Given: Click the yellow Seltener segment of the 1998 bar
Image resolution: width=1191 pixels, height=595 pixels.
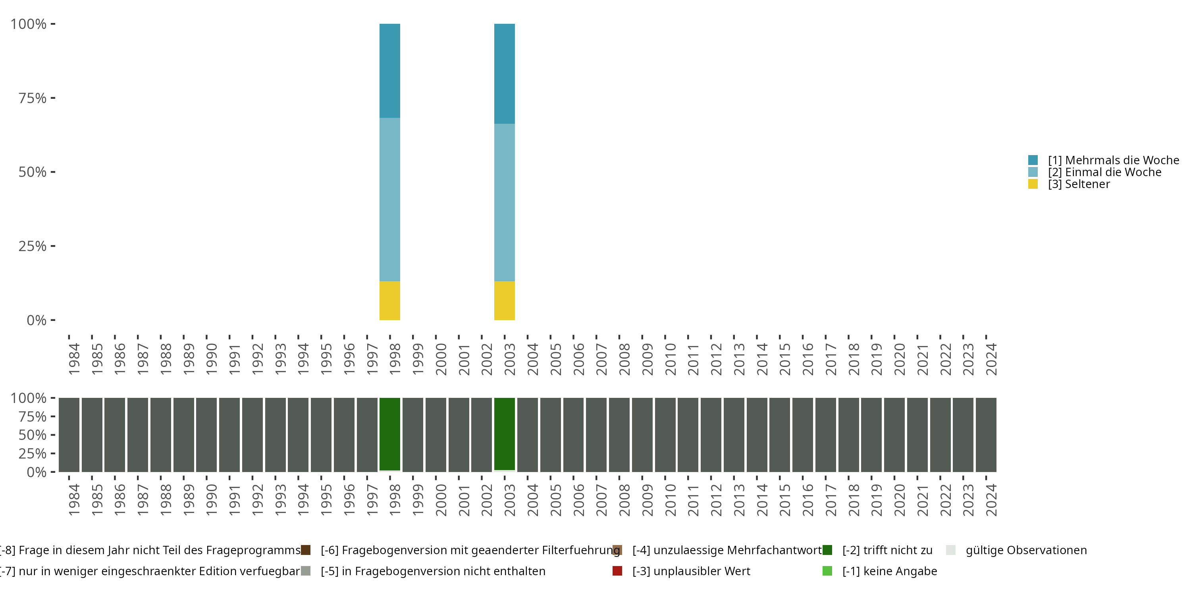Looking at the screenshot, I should click(390, 300).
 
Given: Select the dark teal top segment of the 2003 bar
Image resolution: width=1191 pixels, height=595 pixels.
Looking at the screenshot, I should click(505, 73).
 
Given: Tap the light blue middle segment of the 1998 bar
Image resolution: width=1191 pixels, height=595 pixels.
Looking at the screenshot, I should click(390, 200).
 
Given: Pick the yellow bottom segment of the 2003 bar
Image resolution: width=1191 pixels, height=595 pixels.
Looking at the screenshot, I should click(505, 300).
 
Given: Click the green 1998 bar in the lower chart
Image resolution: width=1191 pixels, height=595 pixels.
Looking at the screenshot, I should click(390, 434).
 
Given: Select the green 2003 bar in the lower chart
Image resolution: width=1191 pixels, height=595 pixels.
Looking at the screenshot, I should click(505, 434).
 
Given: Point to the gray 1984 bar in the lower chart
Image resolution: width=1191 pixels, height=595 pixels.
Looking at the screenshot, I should click(69, 435).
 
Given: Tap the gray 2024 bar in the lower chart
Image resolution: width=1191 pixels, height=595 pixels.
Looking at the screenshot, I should click(986, 435).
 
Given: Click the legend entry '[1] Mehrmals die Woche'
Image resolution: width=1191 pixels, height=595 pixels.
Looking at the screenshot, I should click(1113, 160).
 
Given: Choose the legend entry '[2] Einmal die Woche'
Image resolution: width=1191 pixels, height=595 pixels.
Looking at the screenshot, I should click(1104, 172).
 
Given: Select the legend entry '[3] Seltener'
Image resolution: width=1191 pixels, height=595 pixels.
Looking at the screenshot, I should click(1078, 184).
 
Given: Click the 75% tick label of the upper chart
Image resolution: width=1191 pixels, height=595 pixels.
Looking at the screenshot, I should click(33, 98).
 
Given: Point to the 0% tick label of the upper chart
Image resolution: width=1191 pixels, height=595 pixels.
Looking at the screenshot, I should click(37, 320).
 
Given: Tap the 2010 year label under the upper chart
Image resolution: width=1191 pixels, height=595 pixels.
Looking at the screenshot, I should click(671, 359).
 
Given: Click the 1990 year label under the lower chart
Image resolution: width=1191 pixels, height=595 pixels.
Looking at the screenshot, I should click(211, 500).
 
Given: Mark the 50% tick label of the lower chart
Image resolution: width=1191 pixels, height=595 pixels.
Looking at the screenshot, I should click(33, 435).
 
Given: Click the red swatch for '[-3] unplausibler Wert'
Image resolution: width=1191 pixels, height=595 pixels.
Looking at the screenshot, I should click(617, 571).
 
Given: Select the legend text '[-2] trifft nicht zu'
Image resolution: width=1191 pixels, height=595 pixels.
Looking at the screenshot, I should click(887, 550).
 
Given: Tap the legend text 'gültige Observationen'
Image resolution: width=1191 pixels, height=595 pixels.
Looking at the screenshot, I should click(1026, 550).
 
